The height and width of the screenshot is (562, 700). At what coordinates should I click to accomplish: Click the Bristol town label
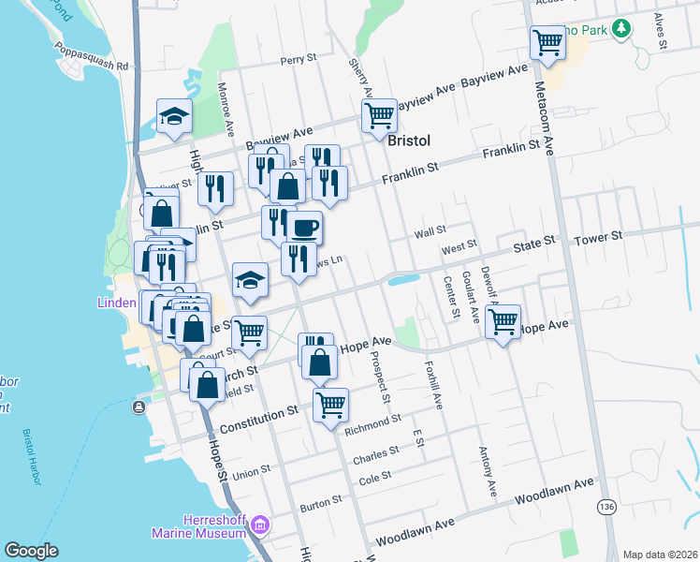tap(408, 140)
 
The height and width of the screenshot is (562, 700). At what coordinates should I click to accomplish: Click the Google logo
tap(31, 551)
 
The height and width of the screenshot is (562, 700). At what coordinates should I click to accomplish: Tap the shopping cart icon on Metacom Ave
tap(547, 42)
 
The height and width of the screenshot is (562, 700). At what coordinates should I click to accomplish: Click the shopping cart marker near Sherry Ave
tap(379, 116)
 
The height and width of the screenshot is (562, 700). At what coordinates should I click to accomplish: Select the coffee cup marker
tap(303, 228)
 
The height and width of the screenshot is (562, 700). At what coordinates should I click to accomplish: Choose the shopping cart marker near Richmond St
tap(330, 406)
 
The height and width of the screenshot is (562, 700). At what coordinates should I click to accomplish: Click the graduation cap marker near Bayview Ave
tap(173, 116)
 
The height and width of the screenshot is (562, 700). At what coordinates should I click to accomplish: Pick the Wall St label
tap(430, 229)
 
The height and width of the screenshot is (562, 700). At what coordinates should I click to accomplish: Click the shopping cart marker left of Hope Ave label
tap(249, 333)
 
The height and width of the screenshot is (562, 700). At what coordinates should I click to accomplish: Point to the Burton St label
tap(321, 505)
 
